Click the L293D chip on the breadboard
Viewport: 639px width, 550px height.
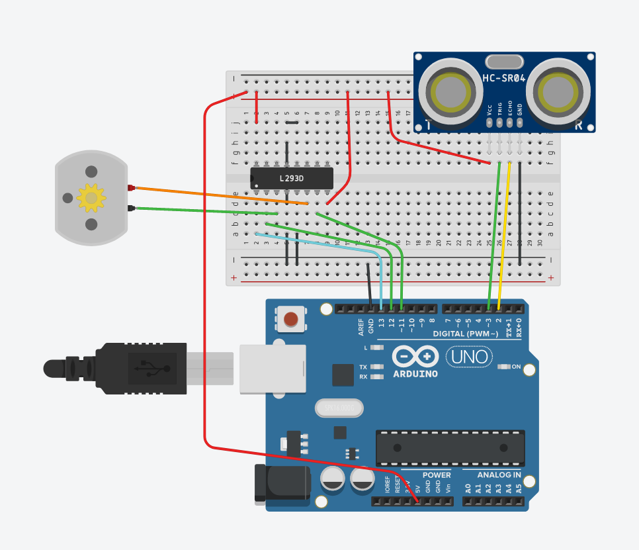(x=291, y=177)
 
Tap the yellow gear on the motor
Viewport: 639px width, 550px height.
(x=91, y=197)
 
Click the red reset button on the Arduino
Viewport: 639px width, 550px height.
(x=290, y=320)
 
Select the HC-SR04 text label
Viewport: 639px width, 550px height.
(x=504, y=78)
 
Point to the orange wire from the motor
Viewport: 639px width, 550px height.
(x=218, y=196)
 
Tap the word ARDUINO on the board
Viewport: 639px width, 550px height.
(x=415, y=373)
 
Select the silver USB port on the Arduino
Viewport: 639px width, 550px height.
(x=273, y=369)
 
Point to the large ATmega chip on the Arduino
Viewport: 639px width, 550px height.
(x=450, y=448)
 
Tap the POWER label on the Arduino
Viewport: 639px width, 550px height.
(x=437, y=475)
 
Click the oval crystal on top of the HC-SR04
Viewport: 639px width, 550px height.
(x=504, y=62)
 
